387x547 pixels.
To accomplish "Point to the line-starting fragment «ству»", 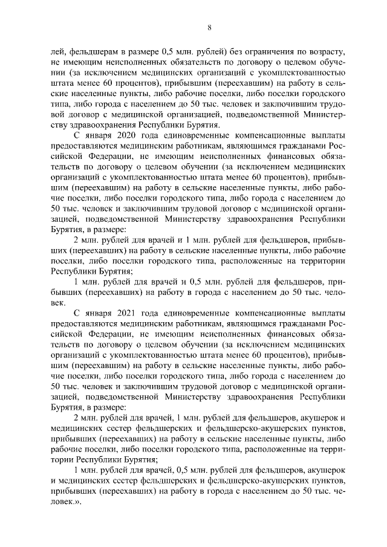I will coord(59,126).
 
